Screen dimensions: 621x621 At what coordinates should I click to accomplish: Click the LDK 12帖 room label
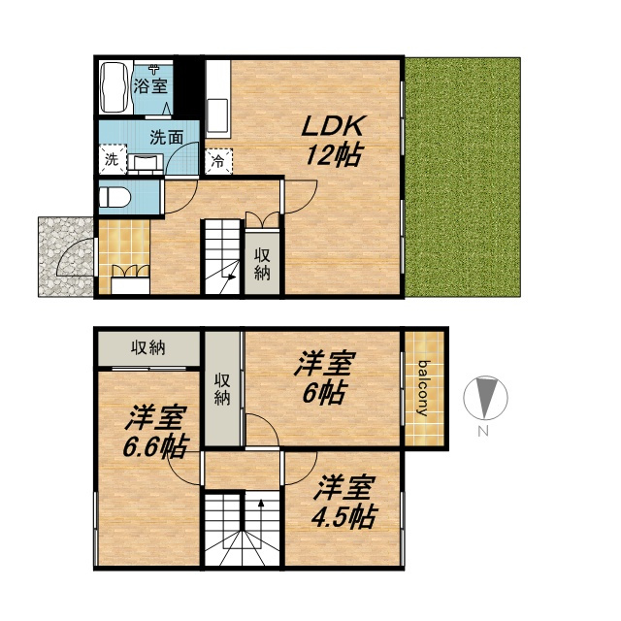[x=333, y=141]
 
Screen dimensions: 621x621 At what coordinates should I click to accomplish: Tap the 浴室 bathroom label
[x=150, y=86]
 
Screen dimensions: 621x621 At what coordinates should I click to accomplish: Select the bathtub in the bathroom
[x=115, y=87]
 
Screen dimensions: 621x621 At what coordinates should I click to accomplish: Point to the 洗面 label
[x=166, y=138]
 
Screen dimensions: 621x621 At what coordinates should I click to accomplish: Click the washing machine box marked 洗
[x=113, y=159]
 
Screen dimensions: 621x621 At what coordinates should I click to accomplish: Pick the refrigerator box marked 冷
[x=218, y=161]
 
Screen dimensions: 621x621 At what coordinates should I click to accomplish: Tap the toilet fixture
[x=114, y=197]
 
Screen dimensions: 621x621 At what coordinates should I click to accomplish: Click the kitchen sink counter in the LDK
[x=217, y=99]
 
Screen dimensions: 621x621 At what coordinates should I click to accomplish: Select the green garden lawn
[x=463, y=177]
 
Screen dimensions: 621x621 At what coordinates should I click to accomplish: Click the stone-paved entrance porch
[x=66, y=256]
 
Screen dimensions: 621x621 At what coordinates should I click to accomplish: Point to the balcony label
[x=424, y=388]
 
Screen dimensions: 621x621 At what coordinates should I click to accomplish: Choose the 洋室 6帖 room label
[x=322, y=377]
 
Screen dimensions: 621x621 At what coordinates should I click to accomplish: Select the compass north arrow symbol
[x=485, y=397]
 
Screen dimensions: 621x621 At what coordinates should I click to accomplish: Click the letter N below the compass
[x=483, y=431]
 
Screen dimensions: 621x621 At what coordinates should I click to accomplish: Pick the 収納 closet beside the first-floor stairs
[x=262, y=261]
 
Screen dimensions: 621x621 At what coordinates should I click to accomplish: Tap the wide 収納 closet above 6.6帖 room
[x=148, y=348]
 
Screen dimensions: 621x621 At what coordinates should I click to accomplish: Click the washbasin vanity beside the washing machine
[x=146, y=164]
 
